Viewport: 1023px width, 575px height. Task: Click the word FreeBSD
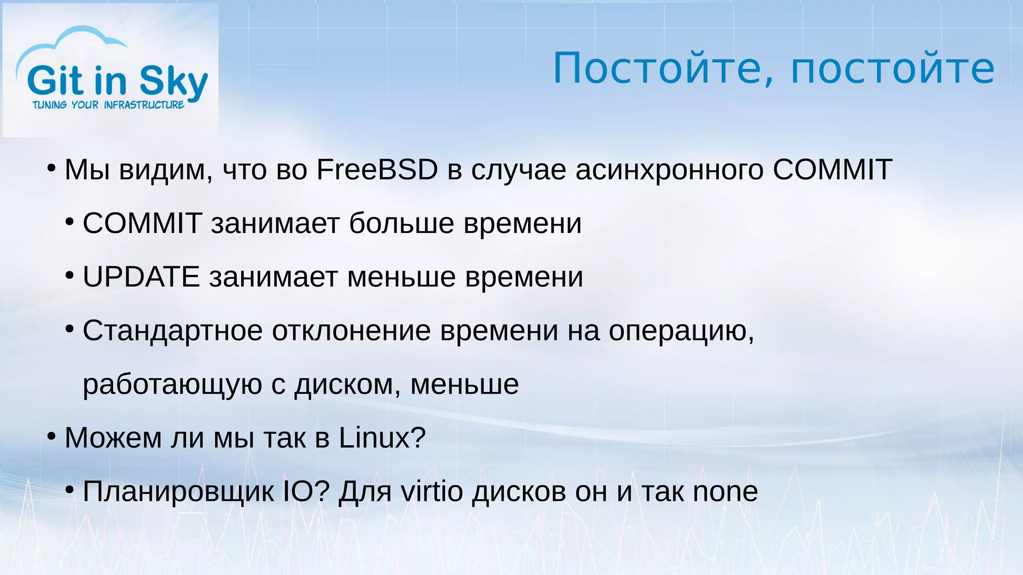[377, 170]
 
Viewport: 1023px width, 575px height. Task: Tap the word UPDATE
[141, 277]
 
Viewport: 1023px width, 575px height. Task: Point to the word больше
[402, 223]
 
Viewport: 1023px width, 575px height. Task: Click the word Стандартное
[172, 331]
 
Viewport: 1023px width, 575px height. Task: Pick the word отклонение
[351, 331]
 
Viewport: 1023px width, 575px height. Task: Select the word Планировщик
[178, 492]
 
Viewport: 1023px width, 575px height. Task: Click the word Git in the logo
[55, 80]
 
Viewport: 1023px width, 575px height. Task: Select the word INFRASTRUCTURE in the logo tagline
[144, 105]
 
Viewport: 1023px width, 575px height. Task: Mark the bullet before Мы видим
[51, 169]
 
